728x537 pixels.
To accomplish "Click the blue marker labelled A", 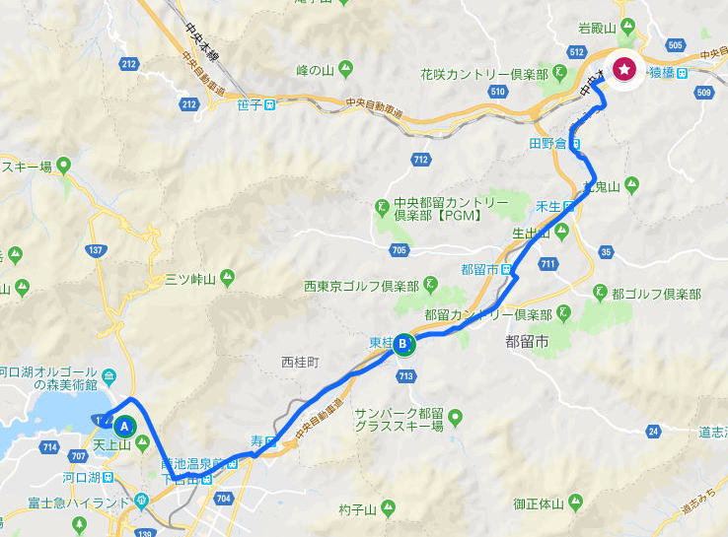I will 125,426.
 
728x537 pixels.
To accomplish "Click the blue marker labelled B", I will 403,345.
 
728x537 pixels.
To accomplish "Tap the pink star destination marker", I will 623,69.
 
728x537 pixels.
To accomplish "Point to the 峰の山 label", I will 317,70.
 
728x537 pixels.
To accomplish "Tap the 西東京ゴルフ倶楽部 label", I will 361,287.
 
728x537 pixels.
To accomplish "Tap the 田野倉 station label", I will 550,143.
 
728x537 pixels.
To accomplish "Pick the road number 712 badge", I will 421,159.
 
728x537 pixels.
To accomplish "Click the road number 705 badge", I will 399,250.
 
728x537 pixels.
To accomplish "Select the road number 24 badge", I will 653,431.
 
